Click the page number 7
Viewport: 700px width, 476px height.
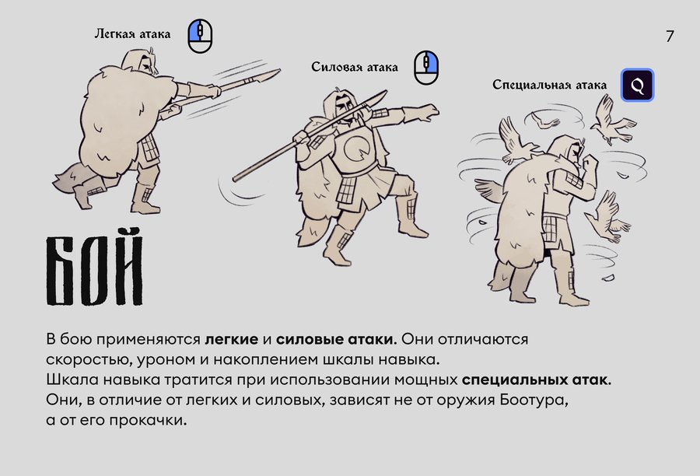click(670, 37)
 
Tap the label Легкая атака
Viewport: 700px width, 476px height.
click(132, 34)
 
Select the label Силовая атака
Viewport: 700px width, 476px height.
click(355, 68)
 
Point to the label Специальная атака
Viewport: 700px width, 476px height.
click(550, 85)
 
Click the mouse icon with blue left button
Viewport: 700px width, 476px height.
click(200, 37)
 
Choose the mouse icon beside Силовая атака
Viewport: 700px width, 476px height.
click(426, 68)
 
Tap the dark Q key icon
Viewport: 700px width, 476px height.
click(638, 85)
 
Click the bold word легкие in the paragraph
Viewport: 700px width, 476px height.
click(231, 339)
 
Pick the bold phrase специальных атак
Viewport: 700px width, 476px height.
click(536, 380)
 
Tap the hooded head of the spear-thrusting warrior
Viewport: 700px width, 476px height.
click(141, 62)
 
